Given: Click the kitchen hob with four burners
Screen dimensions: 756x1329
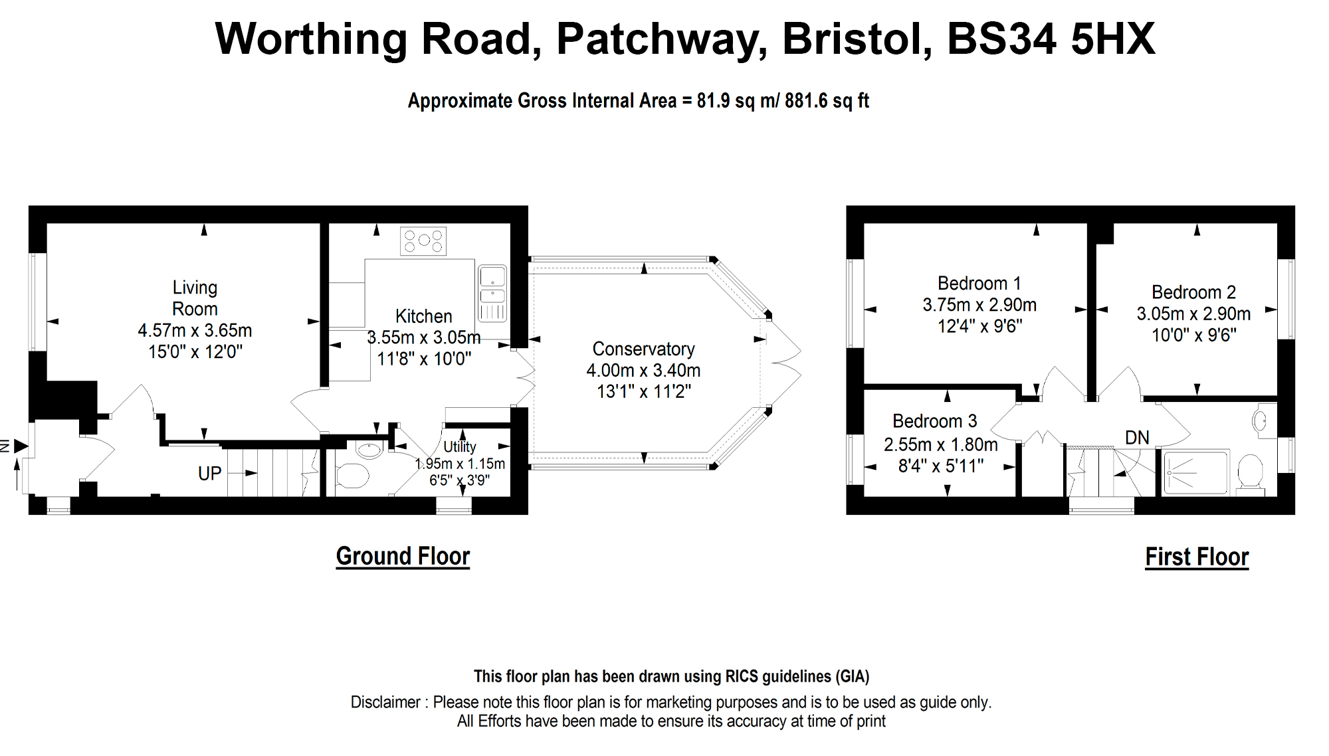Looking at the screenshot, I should click(x=423, y=241).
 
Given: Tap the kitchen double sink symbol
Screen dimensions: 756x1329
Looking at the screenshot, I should click(x=492, y=293).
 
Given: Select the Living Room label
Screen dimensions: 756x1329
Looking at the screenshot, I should click(x=195, y=298).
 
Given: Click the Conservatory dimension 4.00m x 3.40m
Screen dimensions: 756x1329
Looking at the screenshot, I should click(x=643, y=370).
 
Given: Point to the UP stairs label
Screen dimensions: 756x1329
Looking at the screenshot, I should click(x=209, y=474).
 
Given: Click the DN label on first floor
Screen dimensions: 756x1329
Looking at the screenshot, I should click(x=1137, y=438).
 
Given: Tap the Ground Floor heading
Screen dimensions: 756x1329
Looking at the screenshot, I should click(x=403, y=556).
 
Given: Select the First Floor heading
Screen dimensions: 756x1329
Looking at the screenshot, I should click(x=1197, y=557).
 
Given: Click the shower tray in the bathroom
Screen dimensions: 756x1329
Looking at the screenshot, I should click(x=1195, y=472).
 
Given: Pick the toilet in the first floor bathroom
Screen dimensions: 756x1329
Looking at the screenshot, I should click(x=1251, y=473).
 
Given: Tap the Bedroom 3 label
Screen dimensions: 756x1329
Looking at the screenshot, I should click(x=934, y=421).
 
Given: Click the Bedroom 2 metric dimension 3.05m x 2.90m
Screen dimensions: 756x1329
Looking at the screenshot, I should click(x=1193, y=314).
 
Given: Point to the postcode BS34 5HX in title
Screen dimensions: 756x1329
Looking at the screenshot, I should click(x=1051, y=39).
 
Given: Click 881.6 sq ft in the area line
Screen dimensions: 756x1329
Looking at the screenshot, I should click(x=827, y=101).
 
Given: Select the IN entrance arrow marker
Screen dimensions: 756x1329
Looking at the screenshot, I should click(x=20, y=446).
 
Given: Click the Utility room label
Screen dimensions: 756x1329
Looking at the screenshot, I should click(x=459, y=446).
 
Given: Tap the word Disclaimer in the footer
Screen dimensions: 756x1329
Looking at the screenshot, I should click(x=385, y=702).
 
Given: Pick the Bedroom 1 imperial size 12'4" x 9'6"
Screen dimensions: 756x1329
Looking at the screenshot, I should click(x=979, y=326).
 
